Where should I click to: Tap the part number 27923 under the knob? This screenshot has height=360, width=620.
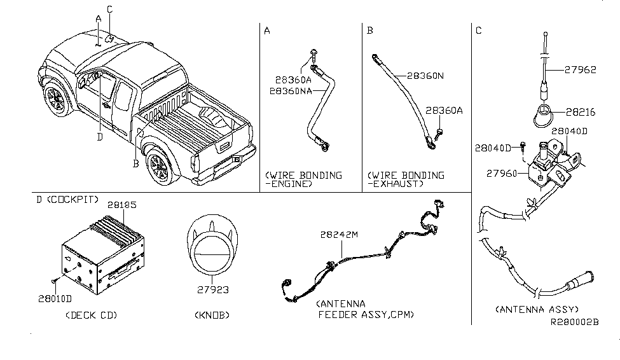point(213,290)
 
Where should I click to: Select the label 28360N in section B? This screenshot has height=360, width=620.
point(425,76)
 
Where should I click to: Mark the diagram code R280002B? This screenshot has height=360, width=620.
point(575,322)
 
